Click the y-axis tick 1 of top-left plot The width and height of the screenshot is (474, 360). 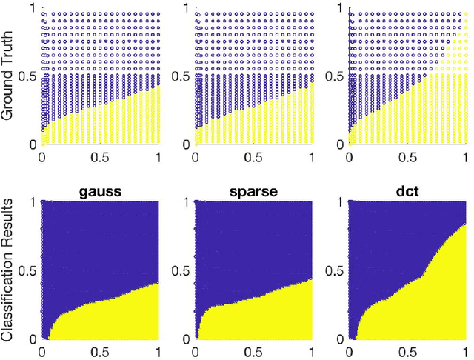click(x=31, y=8)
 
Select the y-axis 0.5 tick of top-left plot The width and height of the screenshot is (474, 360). click(x=26, y=76)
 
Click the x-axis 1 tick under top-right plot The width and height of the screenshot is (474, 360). click(x=464, y=158)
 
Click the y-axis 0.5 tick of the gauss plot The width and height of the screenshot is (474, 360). click(x=26, y=269)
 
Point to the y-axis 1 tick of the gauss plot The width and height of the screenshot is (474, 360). click(x=31, y=201)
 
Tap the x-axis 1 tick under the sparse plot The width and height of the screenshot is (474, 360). click(x=312, y=351)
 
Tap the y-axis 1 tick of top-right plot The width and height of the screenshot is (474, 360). click(x=336, y=8)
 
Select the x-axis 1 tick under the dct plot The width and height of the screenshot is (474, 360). click(x=464, y=351)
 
